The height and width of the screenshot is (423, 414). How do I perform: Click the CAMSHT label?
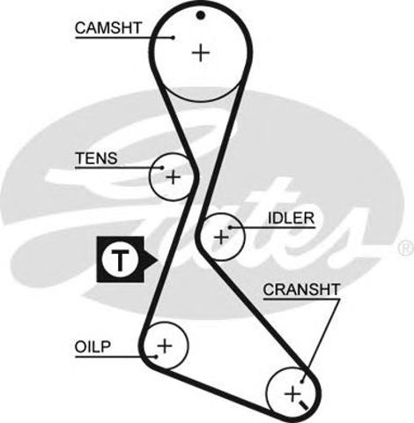(x=108, y=28)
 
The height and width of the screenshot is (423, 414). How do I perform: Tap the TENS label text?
(x=96, y=159)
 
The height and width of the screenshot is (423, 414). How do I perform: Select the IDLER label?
(x=291, y=218)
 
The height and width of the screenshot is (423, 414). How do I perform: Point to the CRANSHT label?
(x=301, y=290)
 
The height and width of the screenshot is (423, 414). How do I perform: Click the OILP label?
(x=92, y=346)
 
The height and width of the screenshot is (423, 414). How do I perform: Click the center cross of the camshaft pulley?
(x=201, y=53)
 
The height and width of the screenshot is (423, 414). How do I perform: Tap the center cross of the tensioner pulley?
(x=174, y=177)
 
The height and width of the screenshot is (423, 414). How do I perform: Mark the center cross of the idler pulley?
(x=221, y=237)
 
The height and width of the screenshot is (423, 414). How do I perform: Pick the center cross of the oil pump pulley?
(x=165, y=345)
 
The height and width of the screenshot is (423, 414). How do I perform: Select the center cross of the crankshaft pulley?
(x=292, y=394)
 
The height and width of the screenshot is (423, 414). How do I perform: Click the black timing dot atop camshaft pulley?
(x=201, y=15)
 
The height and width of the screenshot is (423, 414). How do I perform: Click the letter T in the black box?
(x=120, y=260)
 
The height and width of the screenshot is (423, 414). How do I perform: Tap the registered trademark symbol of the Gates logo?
(x=406, y=249)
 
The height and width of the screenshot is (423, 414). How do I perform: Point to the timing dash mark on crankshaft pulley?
(x=303, y=406)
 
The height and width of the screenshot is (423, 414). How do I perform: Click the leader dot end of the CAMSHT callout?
(x=174, y=37)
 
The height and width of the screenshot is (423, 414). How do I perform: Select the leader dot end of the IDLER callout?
(x=231, y=227)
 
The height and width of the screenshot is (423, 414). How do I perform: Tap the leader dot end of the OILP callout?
(x=156, y=357)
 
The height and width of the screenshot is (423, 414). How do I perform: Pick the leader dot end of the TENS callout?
(x=162, y=167)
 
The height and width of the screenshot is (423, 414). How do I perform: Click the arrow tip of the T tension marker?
(x=158, y=260)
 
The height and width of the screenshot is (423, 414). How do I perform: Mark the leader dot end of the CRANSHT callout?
(x=302, y=382)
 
